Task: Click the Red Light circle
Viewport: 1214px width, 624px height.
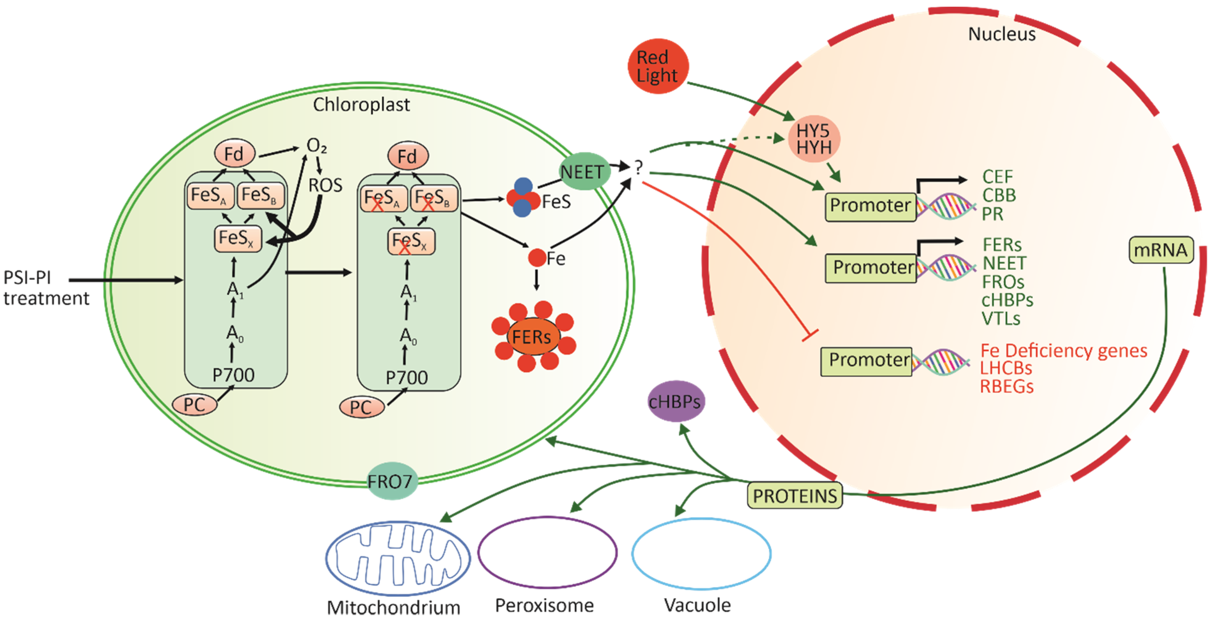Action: tap(658, 66)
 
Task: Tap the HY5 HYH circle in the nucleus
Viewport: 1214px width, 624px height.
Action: tap(814, 139)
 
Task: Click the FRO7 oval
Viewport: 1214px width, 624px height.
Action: tap(392, 481)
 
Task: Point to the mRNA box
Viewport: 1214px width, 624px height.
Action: tap(1161, 250)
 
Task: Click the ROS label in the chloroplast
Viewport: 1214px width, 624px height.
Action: tap(325, 185)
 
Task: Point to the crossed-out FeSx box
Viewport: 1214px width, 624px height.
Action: tap(411, 241)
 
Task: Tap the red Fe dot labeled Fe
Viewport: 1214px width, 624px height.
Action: tap(537, 258)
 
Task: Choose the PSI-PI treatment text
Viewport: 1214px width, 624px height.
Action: tap(46, 288)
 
